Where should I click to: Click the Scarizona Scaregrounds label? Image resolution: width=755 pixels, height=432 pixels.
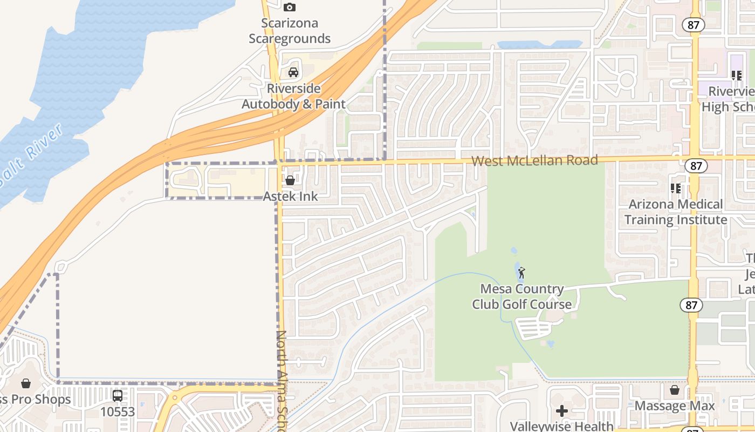(x=290, y=31)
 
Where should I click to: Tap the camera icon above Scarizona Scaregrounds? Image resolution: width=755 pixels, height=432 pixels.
(x=290, y=7)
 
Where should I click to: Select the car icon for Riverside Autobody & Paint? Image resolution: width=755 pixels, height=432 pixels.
(x=293, y=72)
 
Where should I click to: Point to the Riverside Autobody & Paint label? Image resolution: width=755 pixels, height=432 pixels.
(x=293, y=96)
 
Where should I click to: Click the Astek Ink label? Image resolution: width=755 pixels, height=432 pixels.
(x=290, y=197)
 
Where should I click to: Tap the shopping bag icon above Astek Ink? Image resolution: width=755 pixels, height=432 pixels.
(x=290, y=180)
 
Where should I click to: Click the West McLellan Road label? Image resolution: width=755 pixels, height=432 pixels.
(x=534, y=160)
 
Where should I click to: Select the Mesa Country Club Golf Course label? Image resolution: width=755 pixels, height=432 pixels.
(x=521, y=297)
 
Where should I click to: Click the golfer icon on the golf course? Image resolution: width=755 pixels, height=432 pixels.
(x=521, y=273)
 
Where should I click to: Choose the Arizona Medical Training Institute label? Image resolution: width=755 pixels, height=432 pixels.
(x=676, y=212)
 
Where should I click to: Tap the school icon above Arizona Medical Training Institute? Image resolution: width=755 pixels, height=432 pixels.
(x=675, y=188)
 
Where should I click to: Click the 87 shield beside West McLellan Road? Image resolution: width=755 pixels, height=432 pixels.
(x=696, y=166)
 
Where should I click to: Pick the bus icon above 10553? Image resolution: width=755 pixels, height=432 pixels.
(x=118, y=396)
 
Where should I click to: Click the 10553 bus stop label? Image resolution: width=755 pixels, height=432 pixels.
(x=118, y=412)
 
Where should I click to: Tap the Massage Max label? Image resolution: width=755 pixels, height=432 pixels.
(x=674, y=406)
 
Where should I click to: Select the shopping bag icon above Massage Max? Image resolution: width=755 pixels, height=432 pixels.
(x=675, y=390)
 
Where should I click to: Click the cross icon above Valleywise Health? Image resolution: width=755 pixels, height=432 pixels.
(x=562, y=411)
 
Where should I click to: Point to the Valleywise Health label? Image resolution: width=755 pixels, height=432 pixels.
(x=561, y=426)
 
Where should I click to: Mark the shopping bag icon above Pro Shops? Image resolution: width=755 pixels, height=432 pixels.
(x=25, y=383)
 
